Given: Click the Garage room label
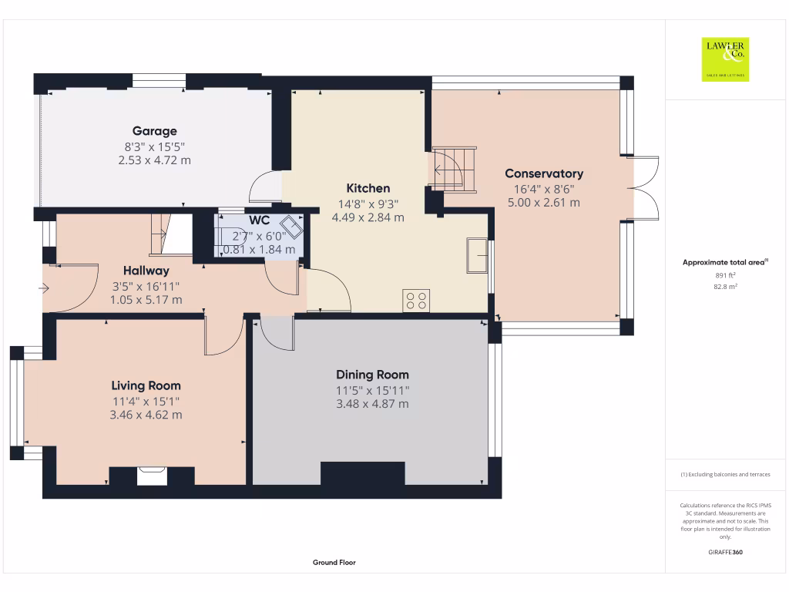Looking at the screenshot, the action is (154, 131).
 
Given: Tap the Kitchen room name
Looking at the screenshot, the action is (368, 188).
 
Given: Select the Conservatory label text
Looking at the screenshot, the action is (544, 173).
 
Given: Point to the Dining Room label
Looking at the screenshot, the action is (372, 375).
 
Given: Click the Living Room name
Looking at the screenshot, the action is (146, 385).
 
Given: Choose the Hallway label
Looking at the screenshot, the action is (146, 271).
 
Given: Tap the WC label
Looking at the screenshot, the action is (259, 220).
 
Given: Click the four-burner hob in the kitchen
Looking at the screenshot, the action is (416, 301).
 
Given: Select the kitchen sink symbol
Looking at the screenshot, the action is (477, 255).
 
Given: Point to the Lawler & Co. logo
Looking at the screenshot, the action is (725, 59).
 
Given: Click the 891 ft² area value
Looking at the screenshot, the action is (725, 275).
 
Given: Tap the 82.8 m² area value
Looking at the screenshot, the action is (725, 287).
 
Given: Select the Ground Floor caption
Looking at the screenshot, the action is (334, 562).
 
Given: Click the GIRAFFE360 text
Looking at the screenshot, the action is (725, 552).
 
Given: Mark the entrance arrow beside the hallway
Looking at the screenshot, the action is (44, 288).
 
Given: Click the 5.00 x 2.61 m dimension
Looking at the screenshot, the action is (544, 203).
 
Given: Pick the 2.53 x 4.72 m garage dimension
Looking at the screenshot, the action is (154, 160).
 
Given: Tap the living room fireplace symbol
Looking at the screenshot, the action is (152, 476).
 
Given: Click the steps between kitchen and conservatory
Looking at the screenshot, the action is (455, 170).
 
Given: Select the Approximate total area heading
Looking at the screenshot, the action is (725, 262).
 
